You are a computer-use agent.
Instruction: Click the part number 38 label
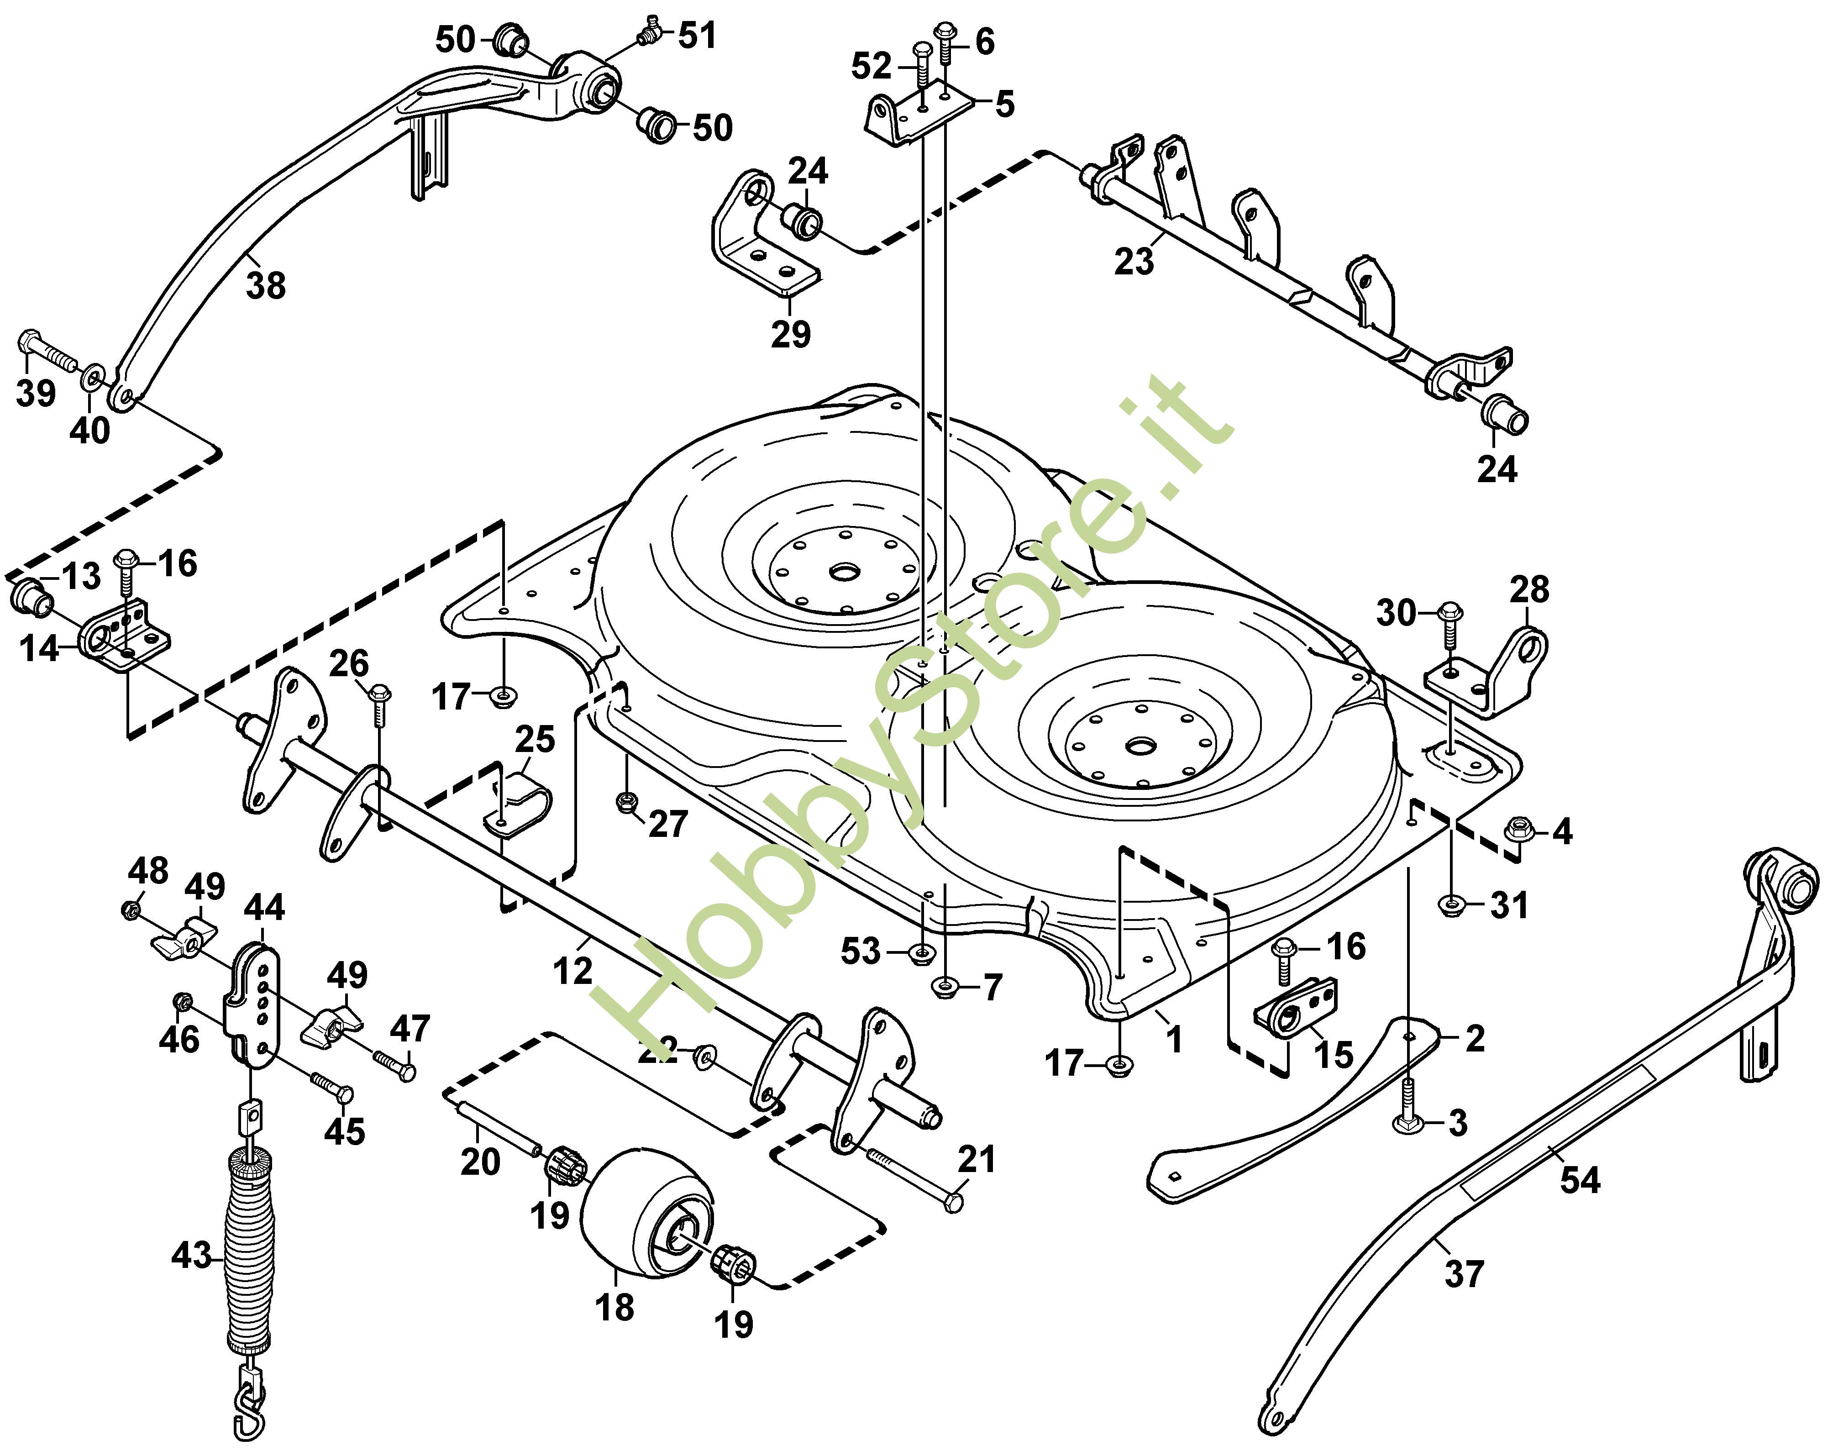click(266, 285)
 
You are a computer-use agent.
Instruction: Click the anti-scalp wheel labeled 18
click(646, 1215)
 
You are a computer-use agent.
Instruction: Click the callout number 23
click(1134, 261)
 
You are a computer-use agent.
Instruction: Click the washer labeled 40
click(94, 376)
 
